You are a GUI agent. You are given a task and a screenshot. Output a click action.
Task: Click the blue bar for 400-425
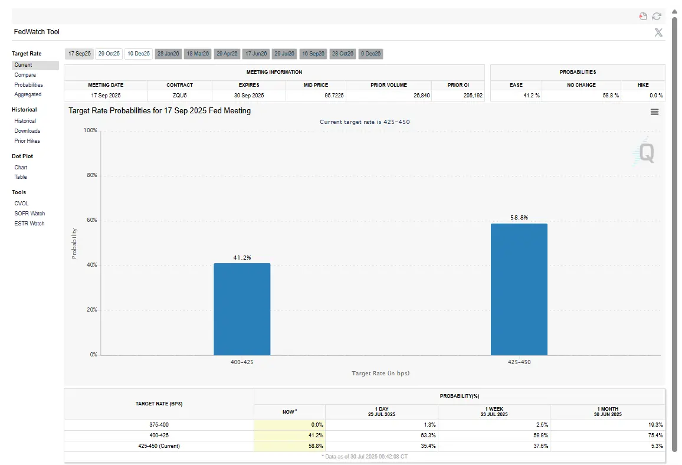[x=242, y=309]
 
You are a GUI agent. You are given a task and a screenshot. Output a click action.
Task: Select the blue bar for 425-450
[x=519, y=289]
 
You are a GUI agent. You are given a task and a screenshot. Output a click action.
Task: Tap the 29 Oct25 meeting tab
[x=109, y=54]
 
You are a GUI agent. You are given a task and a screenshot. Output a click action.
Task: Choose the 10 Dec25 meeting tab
[x=139, y=54]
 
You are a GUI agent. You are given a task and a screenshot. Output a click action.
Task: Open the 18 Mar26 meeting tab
[x=198, y=54]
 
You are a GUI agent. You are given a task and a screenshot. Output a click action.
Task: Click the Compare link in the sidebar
[x=25, y=75]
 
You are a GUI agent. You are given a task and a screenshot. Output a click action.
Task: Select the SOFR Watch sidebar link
[x=29, y=214]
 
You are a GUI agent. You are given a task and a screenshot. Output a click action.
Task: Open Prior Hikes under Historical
[x=27, y=141]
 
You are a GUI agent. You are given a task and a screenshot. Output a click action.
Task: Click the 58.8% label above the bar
[x=519, y=218]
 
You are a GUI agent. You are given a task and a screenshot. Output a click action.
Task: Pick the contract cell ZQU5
[x=179, y=95]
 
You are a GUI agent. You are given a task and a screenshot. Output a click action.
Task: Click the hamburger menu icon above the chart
[x=654, y=112]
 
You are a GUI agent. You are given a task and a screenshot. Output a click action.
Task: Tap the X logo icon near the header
[x=658, y=32]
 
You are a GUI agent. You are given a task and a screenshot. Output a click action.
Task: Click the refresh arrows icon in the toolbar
[x=657, y=17]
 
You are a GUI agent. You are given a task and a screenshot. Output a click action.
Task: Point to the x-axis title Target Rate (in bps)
[x=381, y=374]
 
